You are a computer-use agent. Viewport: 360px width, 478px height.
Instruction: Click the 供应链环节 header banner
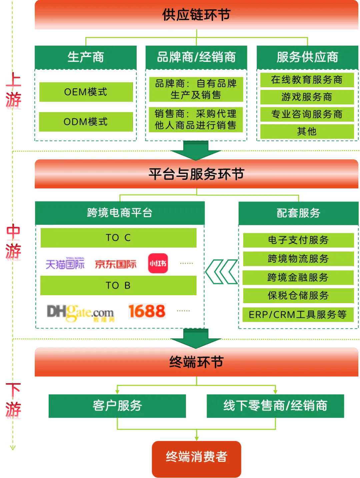pos(196,15)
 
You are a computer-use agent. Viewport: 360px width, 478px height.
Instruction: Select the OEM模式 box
pos(86,92)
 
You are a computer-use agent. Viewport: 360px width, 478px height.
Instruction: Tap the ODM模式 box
pos(86,122)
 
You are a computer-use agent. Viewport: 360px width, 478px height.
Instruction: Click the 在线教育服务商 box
pos(307,80)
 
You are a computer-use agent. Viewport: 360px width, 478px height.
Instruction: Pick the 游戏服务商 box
pos(307,97)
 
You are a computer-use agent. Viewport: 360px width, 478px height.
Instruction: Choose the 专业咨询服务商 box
pos(307,114)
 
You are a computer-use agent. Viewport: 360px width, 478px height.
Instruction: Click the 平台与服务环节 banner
pos(196,174)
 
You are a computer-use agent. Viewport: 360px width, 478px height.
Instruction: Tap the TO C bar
pos(118,238)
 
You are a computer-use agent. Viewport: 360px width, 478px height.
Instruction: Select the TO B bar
pos(118,285)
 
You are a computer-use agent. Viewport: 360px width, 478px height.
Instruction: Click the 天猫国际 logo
pos(65,264)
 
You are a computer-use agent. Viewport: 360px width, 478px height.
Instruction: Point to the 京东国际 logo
pos(116,264)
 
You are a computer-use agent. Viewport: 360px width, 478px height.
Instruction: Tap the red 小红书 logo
pos(158,263)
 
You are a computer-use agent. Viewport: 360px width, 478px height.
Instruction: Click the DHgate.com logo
pos(81,313)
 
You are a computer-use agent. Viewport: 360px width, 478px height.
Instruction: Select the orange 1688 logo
pos(148,311)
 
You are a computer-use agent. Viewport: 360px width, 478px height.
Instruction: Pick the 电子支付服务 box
pos(298,240)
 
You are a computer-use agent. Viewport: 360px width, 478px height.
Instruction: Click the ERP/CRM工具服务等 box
pos(298,314)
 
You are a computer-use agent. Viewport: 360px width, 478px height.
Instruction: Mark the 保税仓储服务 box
pos(298,295)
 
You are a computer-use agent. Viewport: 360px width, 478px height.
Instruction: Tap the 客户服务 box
pos(117,406)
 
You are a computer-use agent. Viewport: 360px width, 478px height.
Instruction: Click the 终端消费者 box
pos(196,457)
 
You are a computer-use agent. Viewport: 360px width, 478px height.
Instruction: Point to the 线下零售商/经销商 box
pos(276,406)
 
